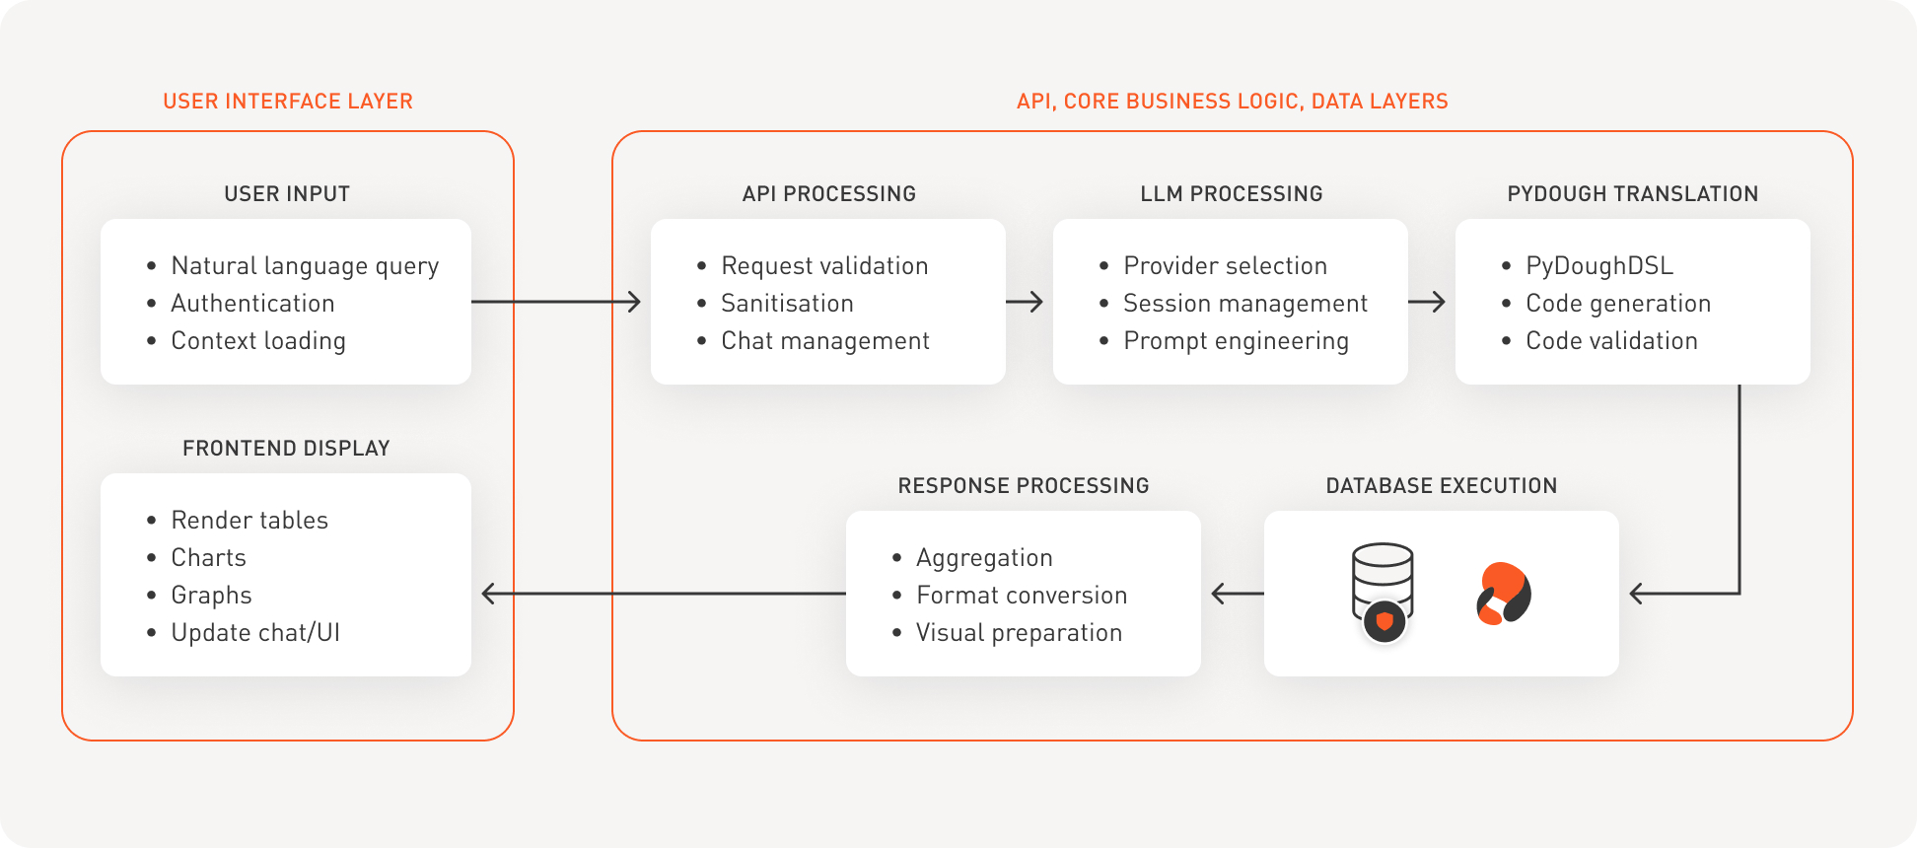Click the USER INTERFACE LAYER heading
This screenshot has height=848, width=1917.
[288, 102]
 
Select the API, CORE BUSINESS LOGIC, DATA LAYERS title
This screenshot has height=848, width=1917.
[1232, 102]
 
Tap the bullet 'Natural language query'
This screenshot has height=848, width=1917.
[305, 266]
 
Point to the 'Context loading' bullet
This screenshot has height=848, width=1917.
[258, 341]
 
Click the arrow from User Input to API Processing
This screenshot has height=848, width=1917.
[556, 302]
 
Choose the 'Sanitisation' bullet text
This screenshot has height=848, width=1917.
[787, 304]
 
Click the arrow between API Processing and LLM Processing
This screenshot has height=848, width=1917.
[1026, 302]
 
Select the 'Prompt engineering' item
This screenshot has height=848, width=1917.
[1236, 341]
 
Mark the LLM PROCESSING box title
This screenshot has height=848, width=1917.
[1231, 194]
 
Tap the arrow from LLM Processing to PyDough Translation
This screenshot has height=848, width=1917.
[1427, 302]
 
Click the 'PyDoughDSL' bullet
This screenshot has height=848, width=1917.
[1599, 266]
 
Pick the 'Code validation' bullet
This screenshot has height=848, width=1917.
[1611, 341]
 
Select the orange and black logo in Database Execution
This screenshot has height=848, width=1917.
[1503, 594]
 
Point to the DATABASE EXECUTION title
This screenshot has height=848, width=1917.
[1441, 486]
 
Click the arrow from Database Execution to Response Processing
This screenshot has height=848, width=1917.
[1237, 594]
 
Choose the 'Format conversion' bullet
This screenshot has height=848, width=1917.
[1022, 596]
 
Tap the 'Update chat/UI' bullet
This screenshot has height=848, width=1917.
[255, 633]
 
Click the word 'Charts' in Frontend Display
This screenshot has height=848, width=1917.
[209, 558]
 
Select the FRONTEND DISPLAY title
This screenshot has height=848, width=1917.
[286, 449]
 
